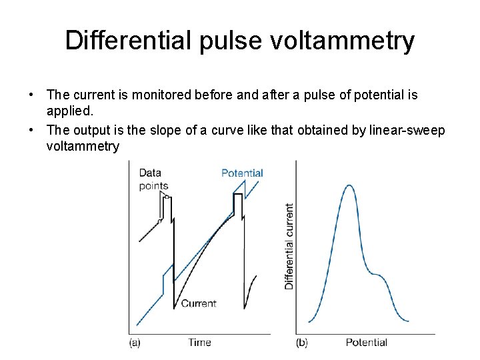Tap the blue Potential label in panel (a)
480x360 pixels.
click(242, 173)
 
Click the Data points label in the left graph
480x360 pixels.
click(153, 179)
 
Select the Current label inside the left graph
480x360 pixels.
click(199, 303)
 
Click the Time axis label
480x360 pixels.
click(199, 343)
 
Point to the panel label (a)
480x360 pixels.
click(134, 343)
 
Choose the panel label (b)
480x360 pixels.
click(301, 343)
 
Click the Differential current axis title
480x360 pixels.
click(289, 246)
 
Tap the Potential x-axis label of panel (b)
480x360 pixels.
click(366, 343)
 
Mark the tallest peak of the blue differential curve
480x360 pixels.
click(349, 185)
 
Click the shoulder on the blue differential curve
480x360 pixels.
click(378, 274)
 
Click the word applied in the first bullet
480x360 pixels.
click(65, 111)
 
